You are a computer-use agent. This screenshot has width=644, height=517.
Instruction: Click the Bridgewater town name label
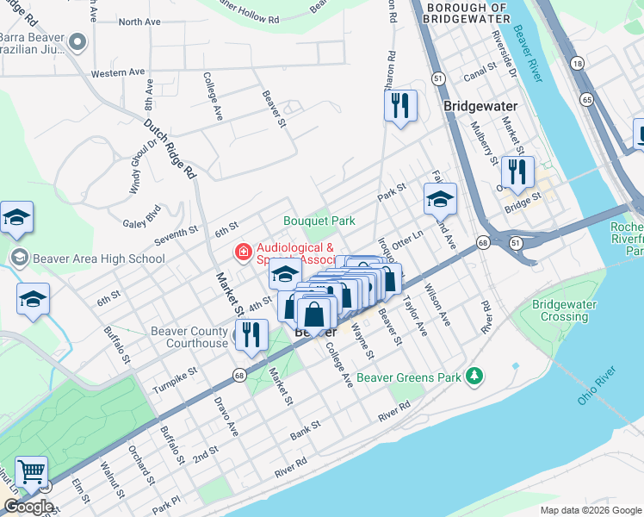pyautogui.click(x=480, y=106)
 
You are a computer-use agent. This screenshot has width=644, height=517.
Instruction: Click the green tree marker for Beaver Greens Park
pyautogui.click(x=473, y=376)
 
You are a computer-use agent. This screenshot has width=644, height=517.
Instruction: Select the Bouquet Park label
pyautogui.click(x=319, y=221)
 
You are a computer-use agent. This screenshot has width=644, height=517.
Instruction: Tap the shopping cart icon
pyautogui.click(x=31, y=472)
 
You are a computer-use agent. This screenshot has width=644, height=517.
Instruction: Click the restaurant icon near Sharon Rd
pyautogui.click(x=400, y=106)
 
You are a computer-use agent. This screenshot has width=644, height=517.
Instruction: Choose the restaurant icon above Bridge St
pyautogui.click(x=517, y=172)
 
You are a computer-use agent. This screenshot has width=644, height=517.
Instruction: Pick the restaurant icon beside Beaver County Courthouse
pyautogui.click(x=251, y=334)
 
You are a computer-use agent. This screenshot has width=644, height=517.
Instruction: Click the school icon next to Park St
pyautogui.click(x=440, y=199)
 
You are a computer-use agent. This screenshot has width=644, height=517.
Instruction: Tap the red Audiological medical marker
pyautogui.click(x=244, y=252)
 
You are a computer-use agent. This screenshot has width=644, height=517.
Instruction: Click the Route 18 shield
pyautogui.click(x=576, y=65)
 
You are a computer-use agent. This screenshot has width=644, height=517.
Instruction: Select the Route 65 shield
pyautogui.click(x=587, y=100)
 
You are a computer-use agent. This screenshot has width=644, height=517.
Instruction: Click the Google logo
pyautogui.click(x=28, y=507)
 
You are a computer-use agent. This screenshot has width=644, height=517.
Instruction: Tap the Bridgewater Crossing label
pyautogui.click(x=565, y=310)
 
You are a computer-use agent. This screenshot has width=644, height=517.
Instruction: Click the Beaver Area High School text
pyautogui.click(x=98, y=258)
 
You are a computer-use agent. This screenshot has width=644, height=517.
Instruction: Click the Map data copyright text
pyautogui.click(x=589, y=510)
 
